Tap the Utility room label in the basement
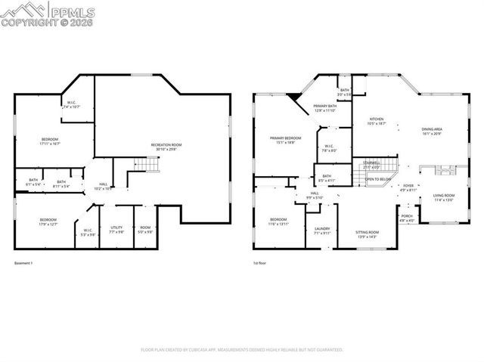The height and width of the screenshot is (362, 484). tap(116, 228)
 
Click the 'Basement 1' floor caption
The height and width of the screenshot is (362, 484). tap(24, 264)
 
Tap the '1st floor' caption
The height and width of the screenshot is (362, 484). tap(259, 264)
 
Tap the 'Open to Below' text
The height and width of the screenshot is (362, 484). tap(378, 180)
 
